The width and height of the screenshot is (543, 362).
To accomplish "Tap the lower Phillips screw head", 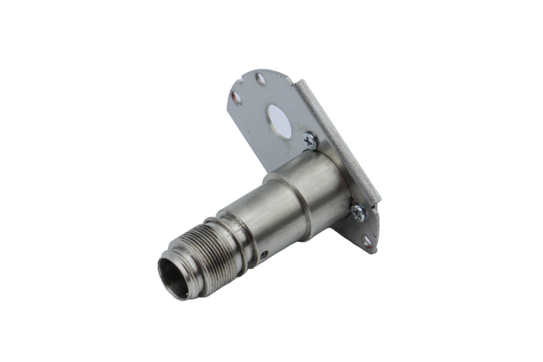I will coord(358,204).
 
